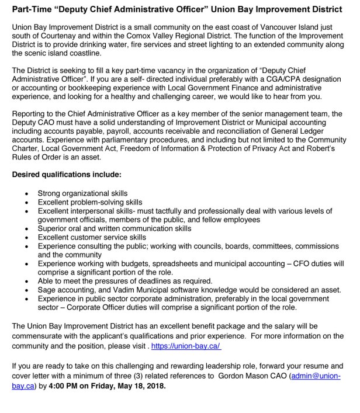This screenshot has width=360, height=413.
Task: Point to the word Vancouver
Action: (x=267, y=27)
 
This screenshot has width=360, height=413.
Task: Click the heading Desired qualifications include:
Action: (x=67, y=174)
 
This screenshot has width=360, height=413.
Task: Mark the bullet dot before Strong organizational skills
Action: (x=25, y=193)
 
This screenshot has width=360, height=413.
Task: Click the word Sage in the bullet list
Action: (x=47, y=290)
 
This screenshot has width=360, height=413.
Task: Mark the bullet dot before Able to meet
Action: (x=25, y=281)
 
